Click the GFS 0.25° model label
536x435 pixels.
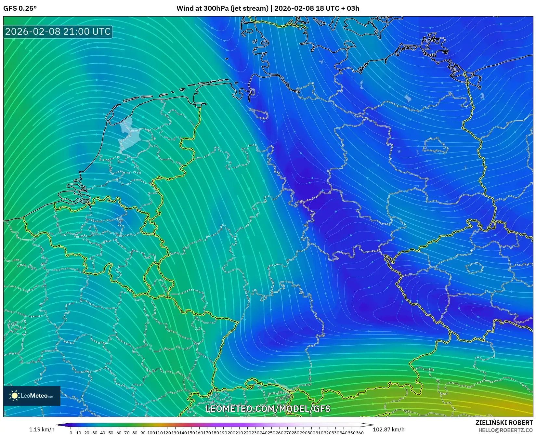coord(20,8)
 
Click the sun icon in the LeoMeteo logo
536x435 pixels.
coord(14,396)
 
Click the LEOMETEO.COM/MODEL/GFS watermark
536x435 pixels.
coord(268,409)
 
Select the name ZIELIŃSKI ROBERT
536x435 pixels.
coord(504,423)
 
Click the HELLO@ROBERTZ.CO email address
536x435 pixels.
coord(505,430)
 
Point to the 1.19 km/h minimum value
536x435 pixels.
coord(42,429)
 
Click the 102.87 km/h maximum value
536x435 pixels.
coord(388,429)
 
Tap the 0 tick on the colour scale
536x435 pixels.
coord(71,433)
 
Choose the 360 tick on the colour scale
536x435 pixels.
coord(360,433)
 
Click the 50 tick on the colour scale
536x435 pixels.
coord(111,433)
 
